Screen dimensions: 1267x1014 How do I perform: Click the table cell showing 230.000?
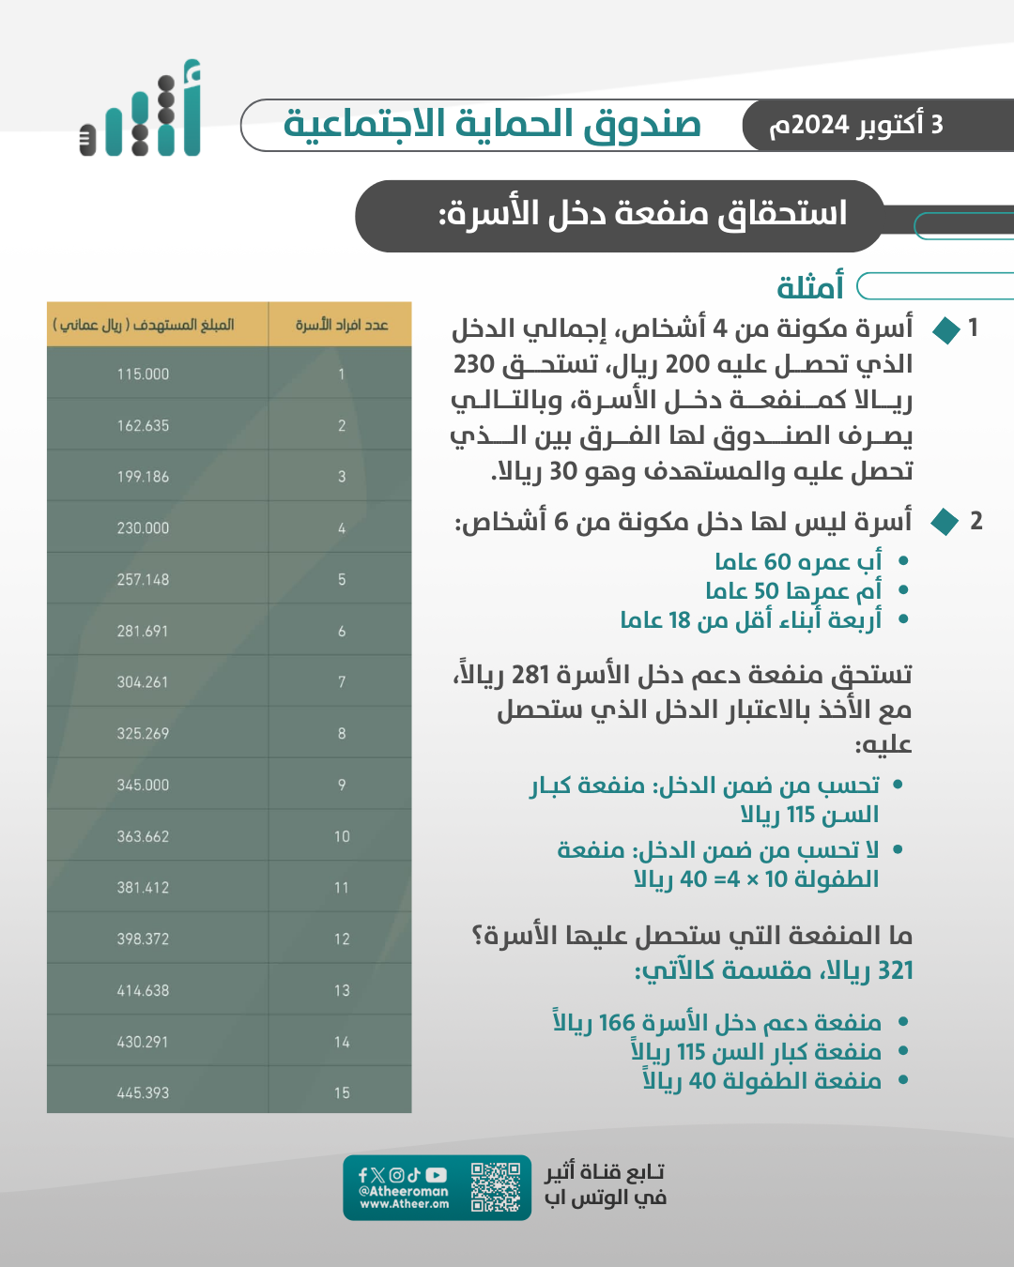143,528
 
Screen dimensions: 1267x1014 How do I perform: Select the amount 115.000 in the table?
143,374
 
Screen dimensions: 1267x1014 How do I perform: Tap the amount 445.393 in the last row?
143,1093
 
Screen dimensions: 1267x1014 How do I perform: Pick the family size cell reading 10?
342,836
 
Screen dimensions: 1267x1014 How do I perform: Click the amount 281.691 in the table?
143,632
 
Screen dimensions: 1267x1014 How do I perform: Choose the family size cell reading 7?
342,682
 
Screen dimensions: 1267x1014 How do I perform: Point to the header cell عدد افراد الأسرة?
342,325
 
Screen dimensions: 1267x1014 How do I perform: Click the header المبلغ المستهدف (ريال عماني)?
144,325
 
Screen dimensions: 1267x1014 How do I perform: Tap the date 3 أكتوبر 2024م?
855,125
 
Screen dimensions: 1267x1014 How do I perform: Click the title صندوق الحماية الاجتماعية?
492,125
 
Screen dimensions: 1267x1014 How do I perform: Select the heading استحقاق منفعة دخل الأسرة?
643,214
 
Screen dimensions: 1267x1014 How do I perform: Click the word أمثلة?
809,287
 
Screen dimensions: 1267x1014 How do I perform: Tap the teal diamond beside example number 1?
945,329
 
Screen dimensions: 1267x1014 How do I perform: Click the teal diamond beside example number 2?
945,522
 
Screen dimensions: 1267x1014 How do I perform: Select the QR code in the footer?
496,1187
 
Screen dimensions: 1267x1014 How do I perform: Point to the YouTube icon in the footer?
437,1175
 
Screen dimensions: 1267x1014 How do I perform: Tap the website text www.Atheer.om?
405,1204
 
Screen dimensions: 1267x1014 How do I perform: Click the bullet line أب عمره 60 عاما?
798,561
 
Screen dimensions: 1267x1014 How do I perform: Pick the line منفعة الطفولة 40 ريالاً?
761,1081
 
